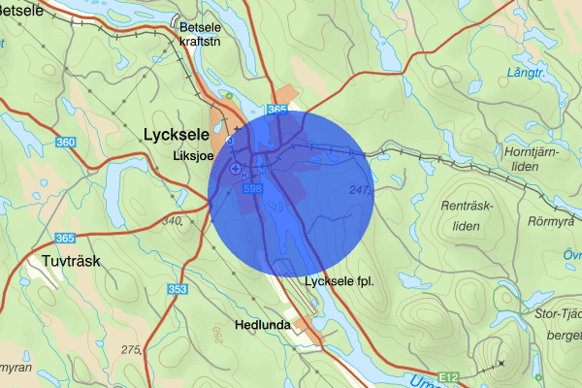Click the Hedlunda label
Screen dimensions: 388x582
262,326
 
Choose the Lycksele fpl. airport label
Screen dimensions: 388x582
339,282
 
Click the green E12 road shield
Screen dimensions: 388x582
446,375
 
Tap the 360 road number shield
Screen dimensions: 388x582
66,144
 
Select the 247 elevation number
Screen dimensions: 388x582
360,191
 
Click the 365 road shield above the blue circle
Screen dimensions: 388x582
276,111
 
